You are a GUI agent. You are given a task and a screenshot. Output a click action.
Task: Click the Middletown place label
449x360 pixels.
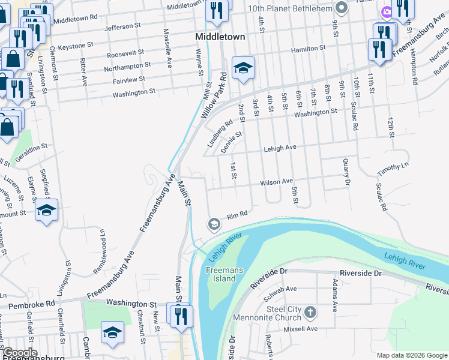tap(220, 37)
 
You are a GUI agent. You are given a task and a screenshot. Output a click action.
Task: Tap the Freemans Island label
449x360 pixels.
tap(224, 274)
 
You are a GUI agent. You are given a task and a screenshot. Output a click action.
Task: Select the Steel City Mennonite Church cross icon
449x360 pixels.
tap(310, 312)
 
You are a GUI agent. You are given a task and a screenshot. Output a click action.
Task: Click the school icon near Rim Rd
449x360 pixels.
tap(214, 224)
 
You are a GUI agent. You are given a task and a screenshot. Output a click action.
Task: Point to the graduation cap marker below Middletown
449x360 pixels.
tap(244, 69)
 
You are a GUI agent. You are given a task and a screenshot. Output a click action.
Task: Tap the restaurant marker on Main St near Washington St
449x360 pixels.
tap(182, 316)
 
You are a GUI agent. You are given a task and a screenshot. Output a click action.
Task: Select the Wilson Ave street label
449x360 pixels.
tap(276, 182)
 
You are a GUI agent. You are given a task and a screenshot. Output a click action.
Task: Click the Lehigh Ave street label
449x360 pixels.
tap(280, 148)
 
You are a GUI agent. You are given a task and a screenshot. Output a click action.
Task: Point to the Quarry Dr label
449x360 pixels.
tap(346, 171)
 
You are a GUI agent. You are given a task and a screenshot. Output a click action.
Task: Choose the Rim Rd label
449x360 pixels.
tap(237, 215)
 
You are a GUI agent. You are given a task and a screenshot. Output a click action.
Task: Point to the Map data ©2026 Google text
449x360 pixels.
tap(412, 355)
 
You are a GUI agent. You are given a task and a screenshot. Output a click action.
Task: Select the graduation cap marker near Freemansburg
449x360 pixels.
tap(112, 332)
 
